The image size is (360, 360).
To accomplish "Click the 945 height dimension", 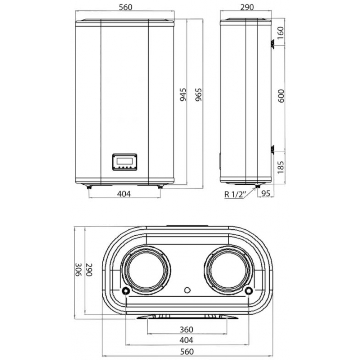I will coord(183,94).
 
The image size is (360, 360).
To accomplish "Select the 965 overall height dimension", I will coord(198,94).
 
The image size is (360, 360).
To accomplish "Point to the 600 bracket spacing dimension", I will coord(281,95).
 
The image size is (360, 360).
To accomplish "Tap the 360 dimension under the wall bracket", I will coord(187,329).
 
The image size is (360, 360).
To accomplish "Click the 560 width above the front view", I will coord(125,7).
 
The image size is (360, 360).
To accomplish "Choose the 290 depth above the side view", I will coord(246,7).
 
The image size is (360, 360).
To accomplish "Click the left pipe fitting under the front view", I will coord(89,186).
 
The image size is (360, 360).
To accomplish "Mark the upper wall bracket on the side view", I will coord(273,44).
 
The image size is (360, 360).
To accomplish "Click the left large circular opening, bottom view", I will coord(146,270).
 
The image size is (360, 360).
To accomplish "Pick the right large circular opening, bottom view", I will coord(228,270).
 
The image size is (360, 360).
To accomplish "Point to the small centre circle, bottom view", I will coord(187,290).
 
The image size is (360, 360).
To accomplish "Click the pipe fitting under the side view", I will coord(257,186).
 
